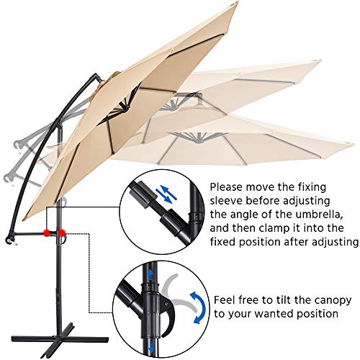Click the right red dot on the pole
(x=63, y=233)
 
